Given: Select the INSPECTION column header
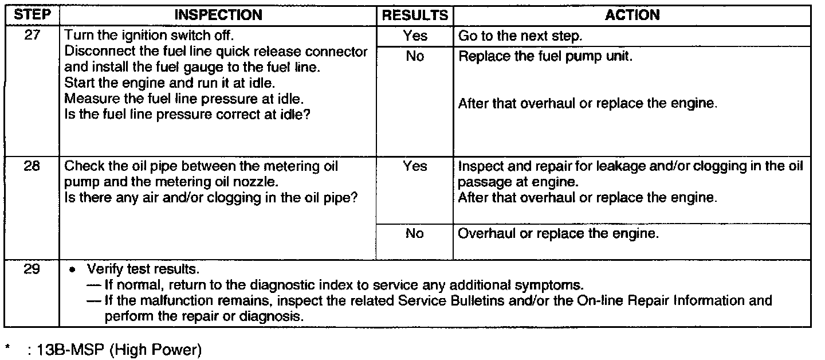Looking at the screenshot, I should pyautogui.click(x=218, y=15).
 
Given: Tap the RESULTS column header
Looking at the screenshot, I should pyautogui.click(x=415, y=15).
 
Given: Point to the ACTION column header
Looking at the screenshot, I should pyautogui.click(x=632, y=15).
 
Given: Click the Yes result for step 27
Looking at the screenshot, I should pyautogui.click(x=415, y=36).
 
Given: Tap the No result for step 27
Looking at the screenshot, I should pyautogui.click(x=415, y=57).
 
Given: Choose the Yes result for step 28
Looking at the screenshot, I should pyautogui.click(x=415, y=166).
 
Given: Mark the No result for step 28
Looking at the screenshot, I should pyautogui.click(x=415, y=234).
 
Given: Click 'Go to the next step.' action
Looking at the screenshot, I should pyautogui.click(x=520, y=36).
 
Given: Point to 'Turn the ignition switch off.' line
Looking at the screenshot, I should pyautogui.click(x=150, y=36).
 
